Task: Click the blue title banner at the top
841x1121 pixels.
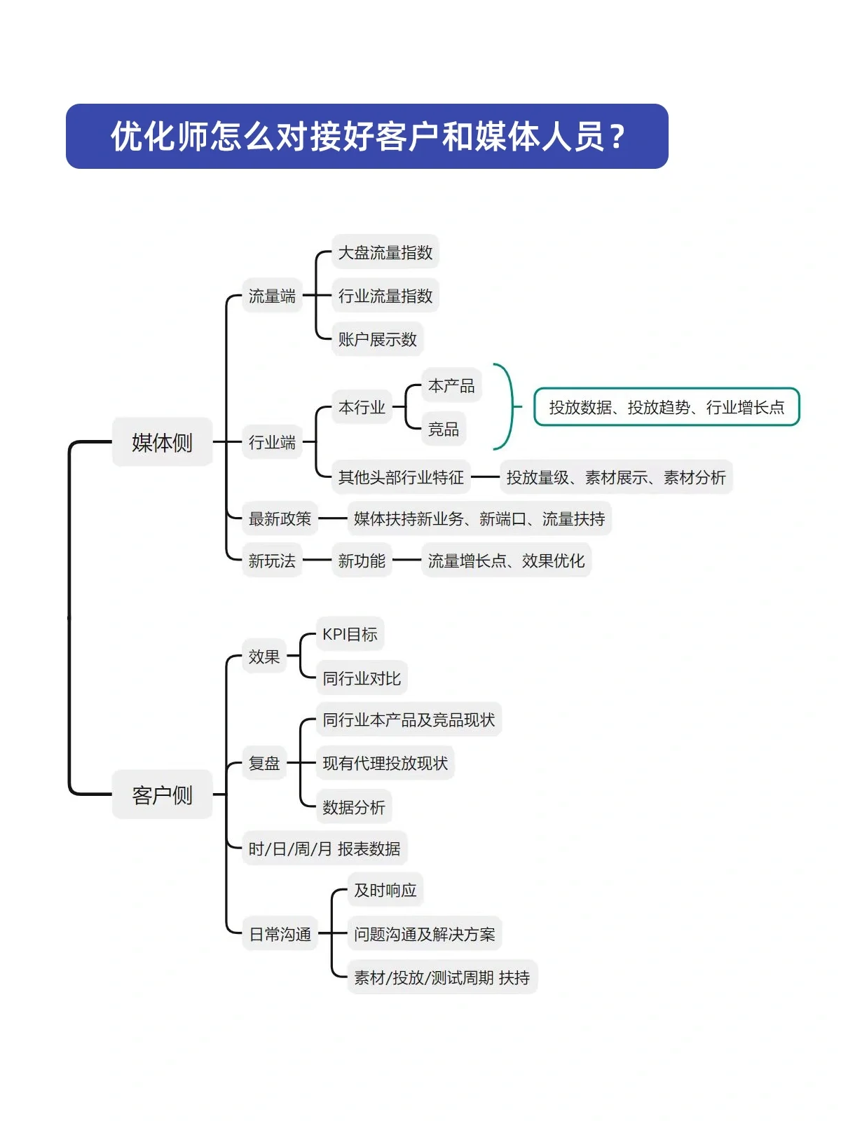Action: (367, 136)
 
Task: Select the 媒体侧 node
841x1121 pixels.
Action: (162, 442)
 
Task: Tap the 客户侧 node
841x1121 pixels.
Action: (162, 795)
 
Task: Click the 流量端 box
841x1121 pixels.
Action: (272, 296)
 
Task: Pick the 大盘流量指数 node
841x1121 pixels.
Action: (385, 252)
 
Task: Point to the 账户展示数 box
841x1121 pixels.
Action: (377, 339)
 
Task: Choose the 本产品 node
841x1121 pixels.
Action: (451, 385)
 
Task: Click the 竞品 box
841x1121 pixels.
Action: (443, 429)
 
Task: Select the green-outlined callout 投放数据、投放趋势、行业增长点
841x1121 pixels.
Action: (666, 407)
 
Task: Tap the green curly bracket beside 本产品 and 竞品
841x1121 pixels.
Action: (510, 406)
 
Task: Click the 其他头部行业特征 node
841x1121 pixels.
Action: (401, 477)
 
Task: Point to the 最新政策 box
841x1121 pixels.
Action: (280, 518)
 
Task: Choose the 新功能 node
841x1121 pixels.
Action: (362, 560)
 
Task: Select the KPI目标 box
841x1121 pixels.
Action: (350, 634)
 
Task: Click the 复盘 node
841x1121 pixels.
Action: (264, 763)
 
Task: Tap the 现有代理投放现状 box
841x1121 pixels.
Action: (385, 763)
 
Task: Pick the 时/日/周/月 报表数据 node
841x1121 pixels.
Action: (324, 848)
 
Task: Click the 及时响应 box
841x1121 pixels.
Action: (385, 890)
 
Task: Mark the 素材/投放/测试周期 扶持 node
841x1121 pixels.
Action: (442, 977)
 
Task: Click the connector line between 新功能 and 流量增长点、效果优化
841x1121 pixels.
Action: (406, 560)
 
